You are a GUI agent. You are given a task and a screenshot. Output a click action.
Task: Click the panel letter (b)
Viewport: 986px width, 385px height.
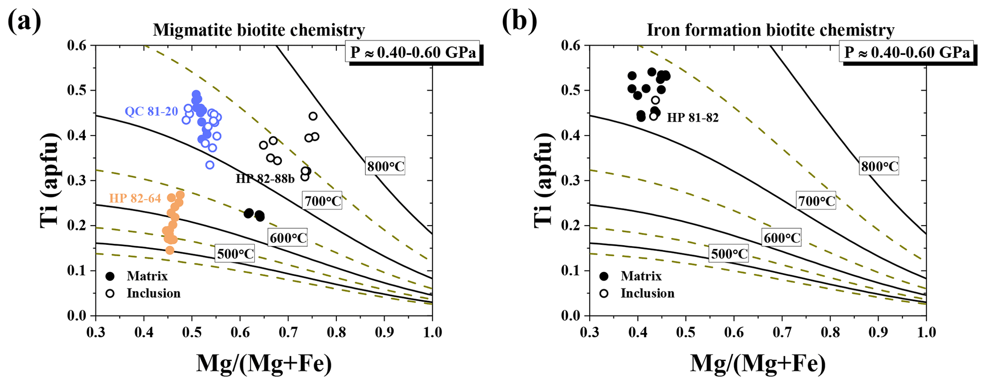pos(519,21)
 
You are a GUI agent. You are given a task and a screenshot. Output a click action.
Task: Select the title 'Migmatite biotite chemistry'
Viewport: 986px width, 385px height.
pos(259,31)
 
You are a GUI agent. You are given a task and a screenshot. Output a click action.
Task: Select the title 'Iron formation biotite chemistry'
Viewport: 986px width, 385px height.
pos(770,31)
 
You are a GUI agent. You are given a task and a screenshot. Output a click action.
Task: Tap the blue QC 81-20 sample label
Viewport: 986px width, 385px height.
pos(151,112)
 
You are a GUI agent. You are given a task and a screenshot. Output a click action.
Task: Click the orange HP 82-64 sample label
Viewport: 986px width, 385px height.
pos(135,198)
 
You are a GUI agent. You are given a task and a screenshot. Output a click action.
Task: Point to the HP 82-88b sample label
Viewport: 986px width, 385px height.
pos(265,179)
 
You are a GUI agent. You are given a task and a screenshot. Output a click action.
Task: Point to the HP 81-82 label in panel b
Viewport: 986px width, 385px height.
pos(692,117)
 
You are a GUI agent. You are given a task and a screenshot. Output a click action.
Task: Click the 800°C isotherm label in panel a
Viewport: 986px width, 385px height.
pos(385,166)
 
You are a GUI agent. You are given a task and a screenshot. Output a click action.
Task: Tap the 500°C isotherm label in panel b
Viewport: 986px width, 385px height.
pos(729,254)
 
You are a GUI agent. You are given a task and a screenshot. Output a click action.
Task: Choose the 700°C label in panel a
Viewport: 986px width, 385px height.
pos(323,201)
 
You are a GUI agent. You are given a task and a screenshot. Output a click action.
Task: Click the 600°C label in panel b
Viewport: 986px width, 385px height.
pos(782,238)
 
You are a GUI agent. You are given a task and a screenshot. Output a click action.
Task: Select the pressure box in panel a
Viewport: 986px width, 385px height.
pos(413,52)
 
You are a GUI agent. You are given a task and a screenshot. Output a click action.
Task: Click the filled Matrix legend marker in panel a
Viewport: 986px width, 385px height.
pos(110,276)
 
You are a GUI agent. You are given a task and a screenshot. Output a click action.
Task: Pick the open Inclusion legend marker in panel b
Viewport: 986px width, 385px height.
pos(604,293)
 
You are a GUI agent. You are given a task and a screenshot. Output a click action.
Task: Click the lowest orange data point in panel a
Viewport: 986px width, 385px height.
pos(170,250)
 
